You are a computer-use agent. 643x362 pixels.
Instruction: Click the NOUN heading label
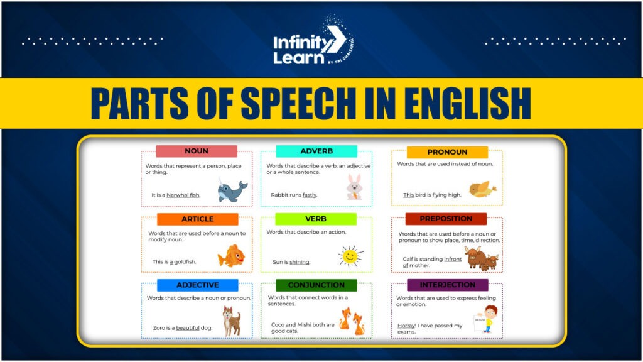pyautogui.click(x=197, y=151)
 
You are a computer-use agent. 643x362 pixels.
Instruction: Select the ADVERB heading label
pyautogui.click(x=316, y=151)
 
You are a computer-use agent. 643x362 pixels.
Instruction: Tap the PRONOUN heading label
pyautogui.click(x=447, y=152)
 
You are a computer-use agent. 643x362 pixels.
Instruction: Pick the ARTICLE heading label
pyautogui.click(x=198, y=219)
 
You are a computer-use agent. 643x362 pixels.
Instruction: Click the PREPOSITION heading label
pyautogui.click(x=446, y=219)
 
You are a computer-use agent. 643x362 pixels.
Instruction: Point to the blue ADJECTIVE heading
pyautogui.click(x=198, y=285)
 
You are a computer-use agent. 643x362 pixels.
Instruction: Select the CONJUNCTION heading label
pyautogui.click(x=316, y=285)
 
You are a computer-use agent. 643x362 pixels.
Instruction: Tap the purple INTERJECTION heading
pyautogui.click(x=447, y=285)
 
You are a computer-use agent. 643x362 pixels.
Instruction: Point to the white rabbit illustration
pyautogui.click(x=354, y=187)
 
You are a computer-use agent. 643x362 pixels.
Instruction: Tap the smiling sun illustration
pyautogui.click(x=350, y=256)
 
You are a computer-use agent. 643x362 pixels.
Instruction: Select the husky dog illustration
pyautogui.click(x=232, y=321)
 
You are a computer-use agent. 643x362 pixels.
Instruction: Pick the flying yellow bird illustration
pyautogui.click(x=482, y=188)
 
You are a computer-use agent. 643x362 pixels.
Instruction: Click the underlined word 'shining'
pyautogui.click(x=300, y=262)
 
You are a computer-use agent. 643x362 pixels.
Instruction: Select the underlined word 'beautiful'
pyautogui.click(x=188, y=328)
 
